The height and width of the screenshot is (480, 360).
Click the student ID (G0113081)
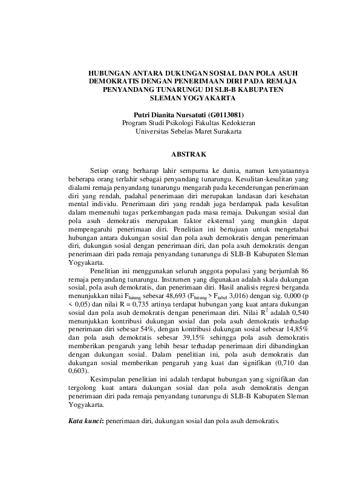(226, 114)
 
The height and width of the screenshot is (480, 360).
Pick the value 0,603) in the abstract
(79, 371)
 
